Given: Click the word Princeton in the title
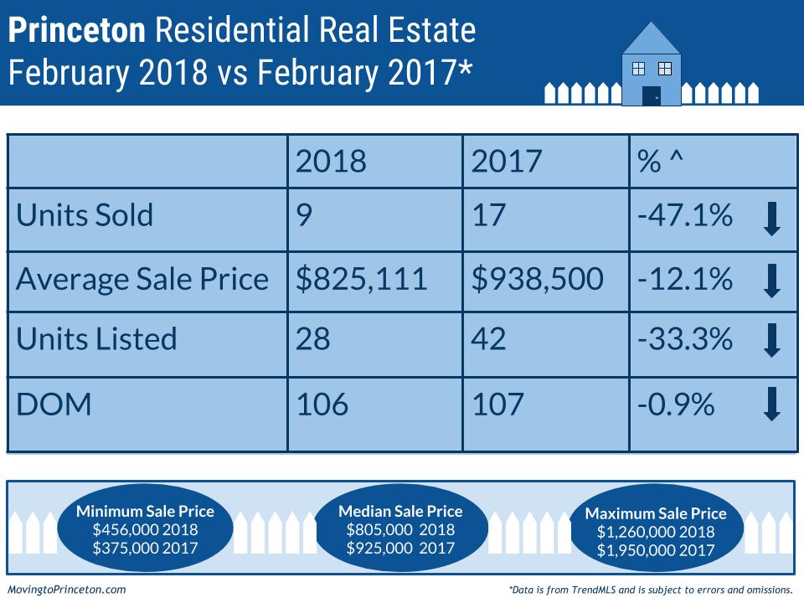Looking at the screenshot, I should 77,31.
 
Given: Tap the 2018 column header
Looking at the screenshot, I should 331,162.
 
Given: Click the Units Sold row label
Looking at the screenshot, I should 85,215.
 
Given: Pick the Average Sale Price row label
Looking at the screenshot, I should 142,277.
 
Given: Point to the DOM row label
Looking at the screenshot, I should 54,405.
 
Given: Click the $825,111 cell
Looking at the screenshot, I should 362,277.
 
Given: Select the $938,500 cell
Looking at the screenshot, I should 537,277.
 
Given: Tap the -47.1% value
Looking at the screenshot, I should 684,215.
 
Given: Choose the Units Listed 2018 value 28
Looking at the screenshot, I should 313,339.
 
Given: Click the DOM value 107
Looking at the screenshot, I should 497,405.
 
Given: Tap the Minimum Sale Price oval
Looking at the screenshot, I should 145,529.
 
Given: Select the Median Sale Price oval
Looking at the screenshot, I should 400,529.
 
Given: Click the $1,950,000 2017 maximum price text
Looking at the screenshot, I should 656,550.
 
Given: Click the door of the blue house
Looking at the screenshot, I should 651,95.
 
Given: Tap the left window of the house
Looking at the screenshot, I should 638,68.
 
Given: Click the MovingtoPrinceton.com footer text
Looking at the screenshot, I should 66,590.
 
